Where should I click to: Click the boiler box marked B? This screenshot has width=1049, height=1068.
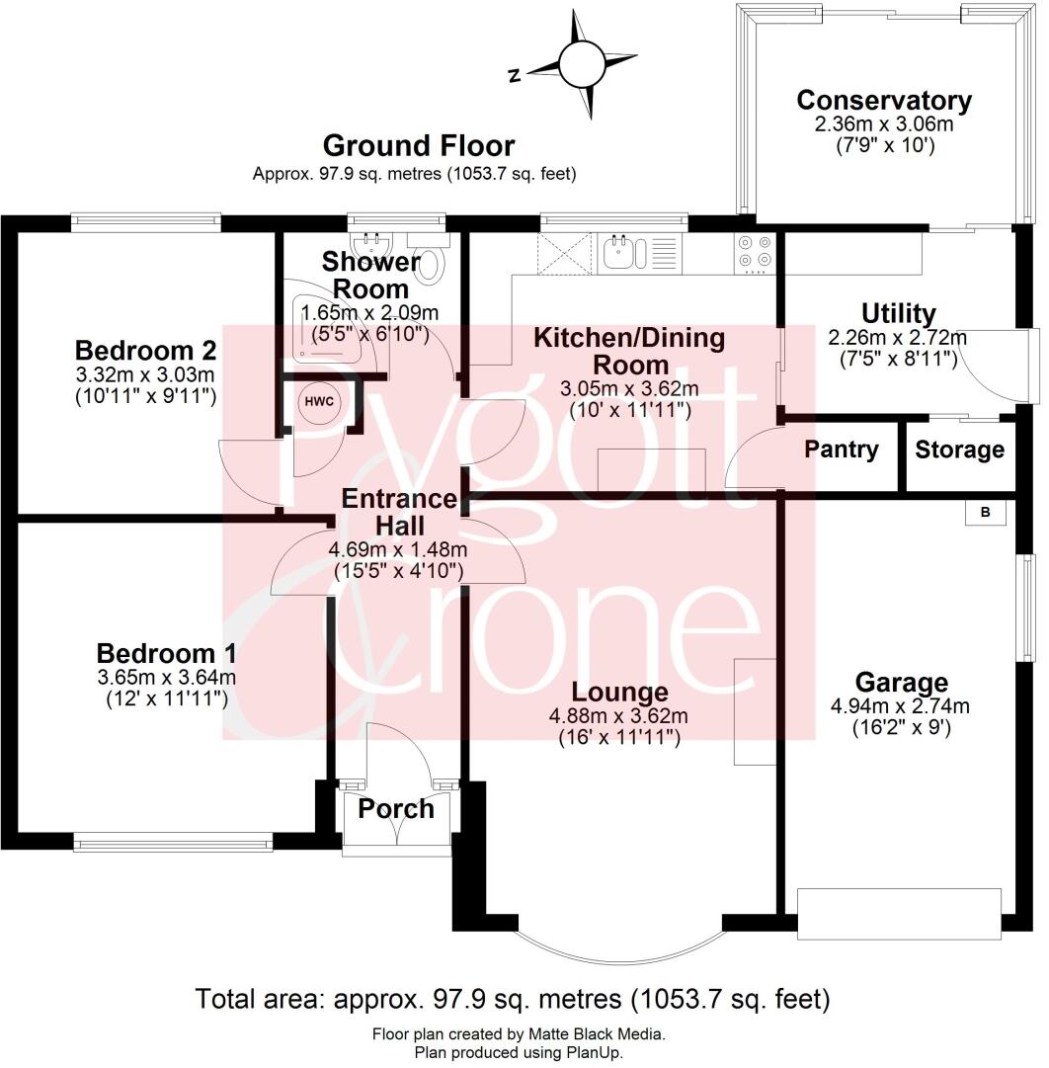[x=985, y=514]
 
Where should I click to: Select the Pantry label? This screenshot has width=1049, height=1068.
[x=841, y=451]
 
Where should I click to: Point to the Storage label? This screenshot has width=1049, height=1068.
[x=959, y=451]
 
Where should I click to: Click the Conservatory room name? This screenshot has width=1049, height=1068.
[x=884, y=101]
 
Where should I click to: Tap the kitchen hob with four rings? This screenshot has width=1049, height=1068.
[x=756, y=252]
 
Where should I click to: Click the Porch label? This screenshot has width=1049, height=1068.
[x=395, y=809]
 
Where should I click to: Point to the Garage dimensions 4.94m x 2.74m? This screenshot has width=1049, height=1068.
[x=900, y=705]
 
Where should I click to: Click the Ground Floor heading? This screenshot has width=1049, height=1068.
[x=419, y=146]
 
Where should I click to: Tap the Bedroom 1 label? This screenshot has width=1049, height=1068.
[x=166, y=654]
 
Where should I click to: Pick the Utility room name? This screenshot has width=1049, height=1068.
[x=898, y=314]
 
